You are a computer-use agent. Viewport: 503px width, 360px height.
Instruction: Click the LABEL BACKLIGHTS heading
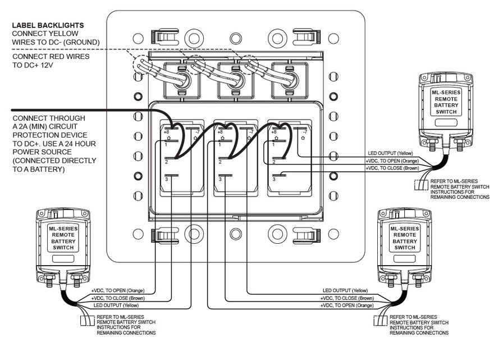coord(48,26)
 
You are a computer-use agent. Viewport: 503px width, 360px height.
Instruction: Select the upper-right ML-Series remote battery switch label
coord(443,101)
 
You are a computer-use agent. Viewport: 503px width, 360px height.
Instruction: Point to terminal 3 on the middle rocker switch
coord(221,179)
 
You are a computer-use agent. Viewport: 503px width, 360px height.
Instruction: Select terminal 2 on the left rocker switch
coord(167,162)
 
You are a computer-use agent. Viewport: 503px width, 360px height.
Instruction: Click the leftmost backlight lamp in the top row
coord(182,78)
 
